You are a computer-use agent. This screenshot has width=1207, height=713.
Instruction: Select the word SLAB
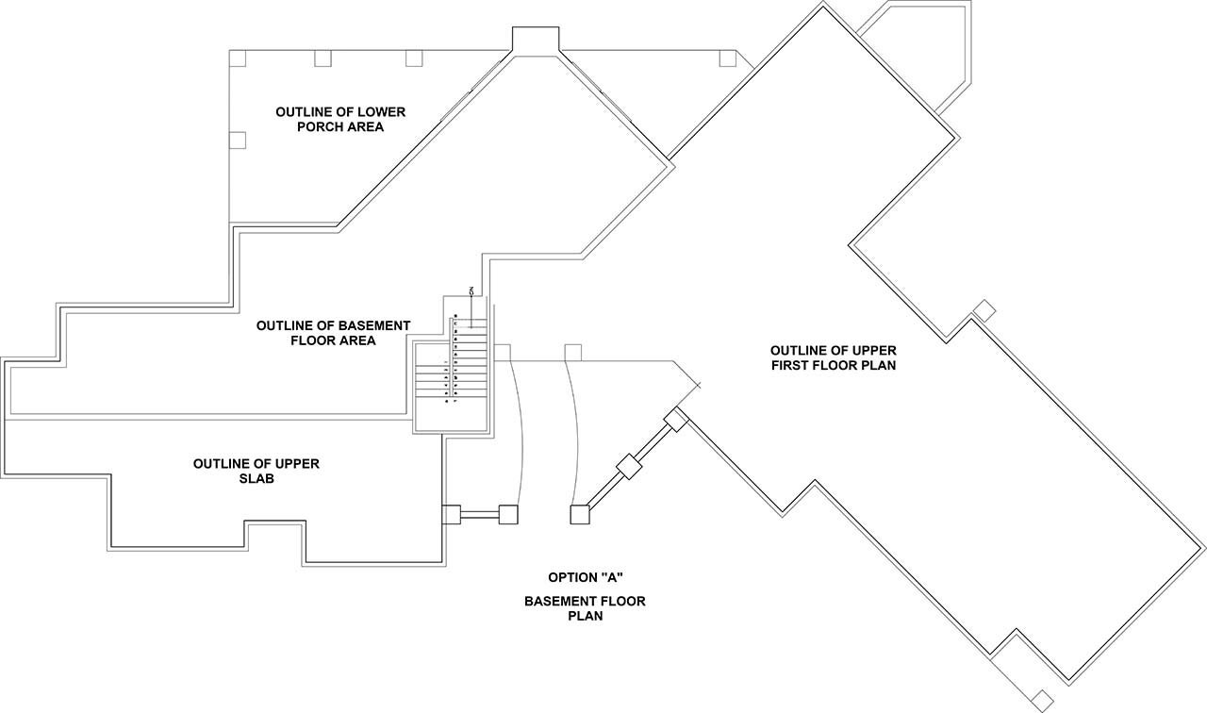coord(256,479)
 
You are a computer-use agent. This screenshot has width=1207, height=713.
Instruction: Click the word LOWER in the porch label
coord(381,112)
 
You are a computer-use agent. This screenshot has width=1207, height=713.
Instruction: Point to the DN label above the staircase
coord(471,290)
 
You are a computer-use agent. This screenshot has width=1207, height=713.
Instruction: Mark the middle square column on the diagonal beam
coord(629,466)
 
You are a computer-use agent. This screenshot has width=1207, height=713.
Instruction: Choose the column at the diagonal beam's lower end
coord(580,514)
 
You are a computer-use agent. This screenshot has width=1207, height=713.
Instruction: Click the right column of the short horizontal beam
coord(508,515)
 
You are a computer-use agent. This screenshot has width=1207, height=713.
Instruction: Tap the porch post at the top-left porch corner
coord(238,58)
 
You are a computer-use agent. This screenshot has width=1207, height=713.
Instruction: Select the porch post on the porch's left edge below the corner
coord(238,140)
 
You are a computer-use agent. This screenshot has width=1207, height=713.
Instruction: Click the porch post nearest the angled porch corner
coord(727,58)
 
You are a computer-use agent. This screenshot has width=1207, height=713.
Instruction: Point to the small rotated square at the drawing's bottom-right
coord(1042,700)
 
